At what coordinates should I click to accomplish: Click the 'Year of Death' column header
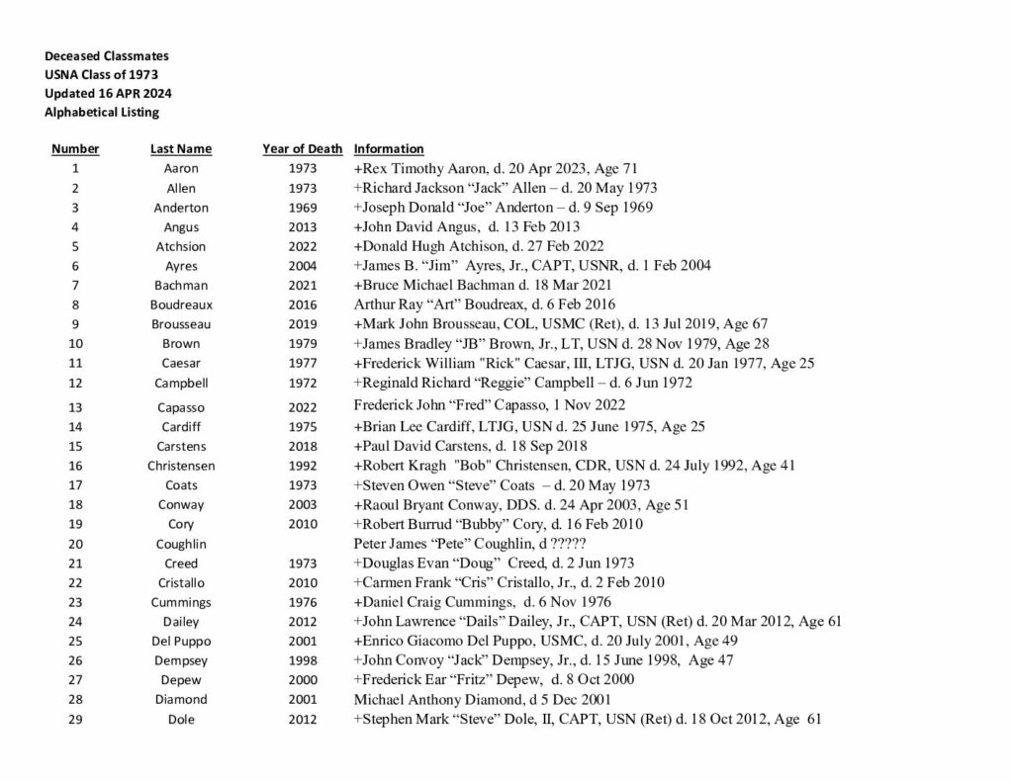[302, 149]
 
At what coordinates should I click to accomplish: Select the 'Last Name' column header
[181, 149]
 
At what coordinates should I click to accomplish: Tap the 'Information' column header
[389, 149]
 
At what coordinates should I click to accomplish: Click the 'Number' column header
[75, 149]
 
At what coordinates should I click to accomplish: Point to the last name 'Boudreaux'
[181, 305]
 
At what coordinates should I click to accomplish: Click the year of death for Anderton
[303, 209]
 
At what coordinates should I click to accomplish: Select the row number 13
[75, 407]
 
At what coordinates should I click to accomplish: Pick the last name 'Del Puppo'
[181, 642]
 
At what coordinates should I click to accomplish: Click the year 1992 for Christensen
[303, 466]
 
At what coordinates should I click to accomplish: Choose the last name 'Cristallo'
[181, 583]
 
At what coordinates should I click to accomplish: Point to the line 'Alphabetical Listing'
[102, 112]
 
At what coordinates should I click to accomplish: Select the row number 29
[75, 720]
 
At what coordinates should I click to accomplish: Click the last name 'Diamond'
[181, 700]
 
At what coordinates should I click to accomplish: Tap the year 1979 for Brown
[303, 344]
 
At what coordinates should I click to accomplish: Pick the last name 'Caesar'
[181, 364]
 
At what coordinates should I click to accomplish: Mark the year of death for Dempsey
[303, 661]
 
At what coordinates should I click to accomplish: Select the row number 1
[75, 169]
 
